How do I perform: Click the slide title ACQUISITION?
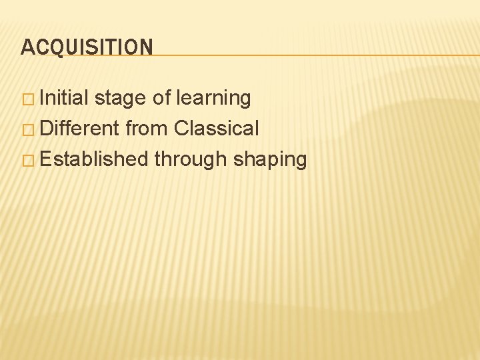point(87,47)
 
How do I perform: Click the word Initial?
point(65,98)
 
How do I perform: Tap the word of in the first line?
point(162,98)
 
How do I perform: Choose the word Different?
point(80,129)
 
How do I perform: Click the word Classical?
point(217,129)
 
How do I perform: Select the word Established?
point(94,159)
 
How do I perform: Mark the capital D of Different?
point(46,129)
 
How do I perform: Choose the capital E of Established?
point(45,159)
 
